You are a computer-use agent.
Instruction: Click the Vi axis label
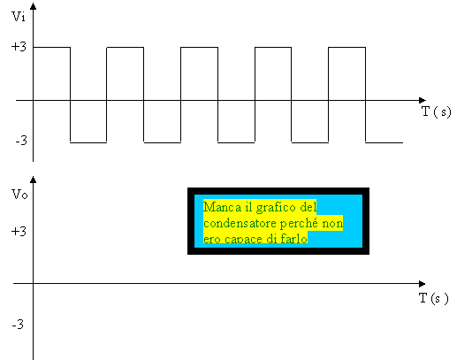tap(19, 17)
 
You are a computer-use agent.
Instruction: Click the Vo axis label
tap(19, 195)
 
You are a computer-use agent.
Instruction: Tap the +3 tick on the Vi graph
tap(19, 47)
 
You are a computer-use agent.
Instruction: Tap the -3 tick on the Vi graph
tap(21, 141)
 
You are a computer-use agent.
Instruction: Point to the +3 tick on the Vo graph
tap(19, 232)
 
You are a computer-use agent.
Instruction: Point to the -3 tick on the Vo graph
tap(18, 325)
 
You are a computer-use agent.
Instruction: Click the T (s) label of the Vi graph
tap(437, 111)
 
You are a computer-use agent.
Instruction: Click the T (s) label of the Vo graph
tap(434, 298)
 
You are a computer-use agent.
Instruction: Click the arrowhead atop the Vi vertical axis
tap(34, 6)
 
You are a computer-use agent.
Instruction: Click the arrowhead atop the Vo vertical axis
tap(34, 180)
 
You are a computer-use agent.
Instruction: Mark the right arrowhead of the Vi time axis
tap(423, 100)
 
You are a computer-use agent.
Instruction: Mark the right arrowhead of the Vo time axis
tap(422, 284)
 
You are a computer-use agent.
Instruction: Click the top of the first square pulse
tap(52, 47)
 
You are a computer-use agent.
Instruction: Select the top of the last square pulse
tap(346, 47)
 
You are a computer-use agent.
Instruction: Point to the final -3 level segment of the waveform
tap(384, 142)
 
